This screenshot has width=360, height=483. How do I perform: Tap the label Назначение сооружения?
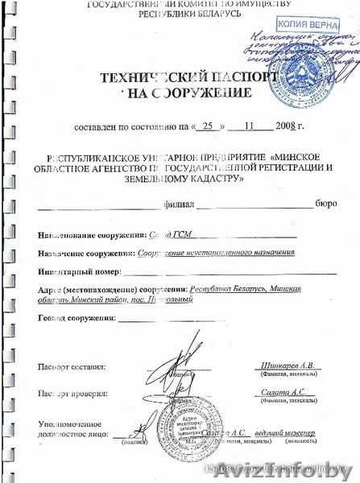pyautogui.click(x=87, y=253)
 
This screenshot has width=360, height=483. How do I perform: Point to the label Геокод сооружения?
pyautogui.click(x=75, y=319)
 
